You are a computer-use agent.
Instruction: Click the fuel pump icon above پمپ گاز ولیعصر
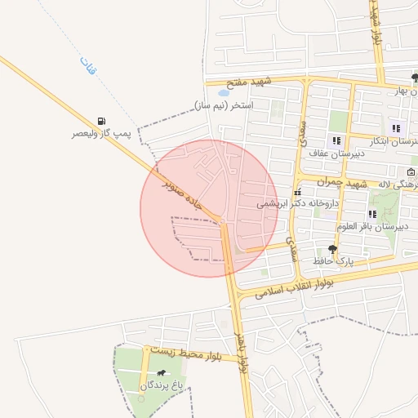pyautogui.click(x=100, y=121)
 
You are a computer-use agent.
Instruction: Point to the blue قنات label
pyautogui.click(x=87, y=65)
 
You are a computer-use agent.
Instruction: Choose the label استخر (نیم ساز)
pyautogui.click(x=225, y=105)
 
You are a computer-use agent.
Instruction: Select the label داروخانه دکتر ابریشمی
pyautogui.click(x=296, y=204)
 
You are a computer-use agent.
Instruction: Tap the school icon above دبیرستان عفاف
pyautogui.click(x=336, y=141)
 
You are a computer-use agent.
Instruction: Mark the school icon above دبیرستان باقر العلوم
pyautogui.click(x=372, y=215)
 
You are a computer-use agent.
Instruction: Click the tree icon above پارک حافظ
pyautogui.click(x=332, y=249)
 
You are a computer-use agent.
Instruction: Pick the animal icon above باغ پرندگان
pyautogui.click(x=162, y=373)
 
